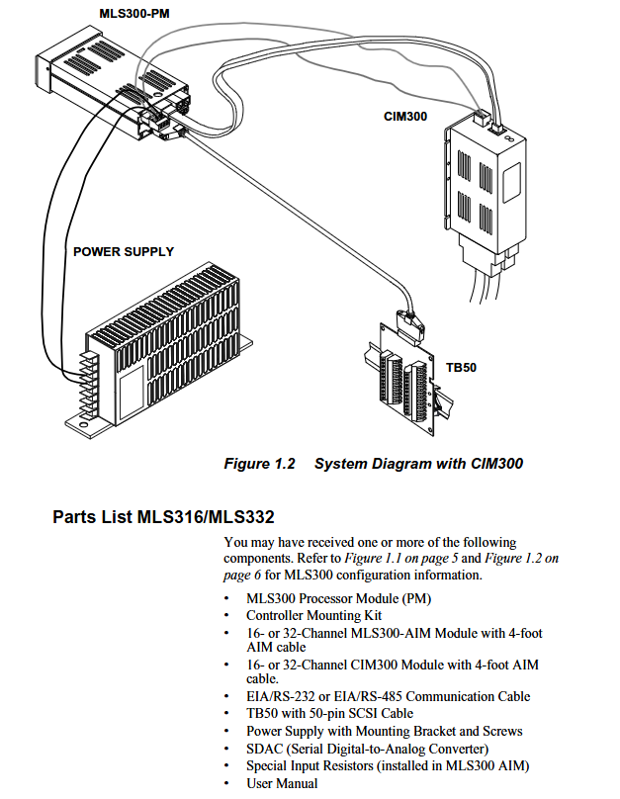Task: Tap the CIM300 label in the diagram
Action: coord(405,117)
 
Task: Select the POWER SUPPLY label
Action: coord(124,251)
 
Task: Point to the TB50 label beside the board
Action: coord(461,368)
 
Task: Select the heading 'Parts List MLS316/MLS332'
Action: coord(163,517)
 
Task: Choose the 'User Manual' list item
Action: coord(282,783)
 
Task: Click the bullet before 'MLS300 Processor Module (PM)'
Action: coord(229,599)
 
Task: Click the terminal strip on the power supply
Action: coord(86,375)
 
